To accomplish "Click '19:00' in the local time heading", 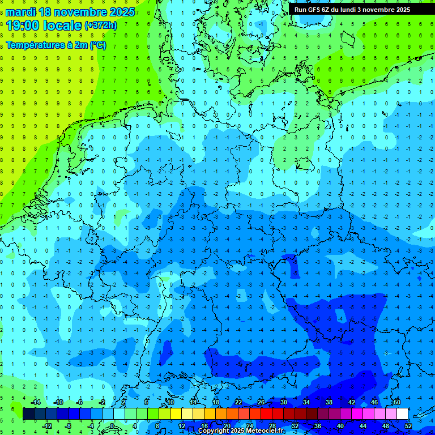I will click(x=23, y=25).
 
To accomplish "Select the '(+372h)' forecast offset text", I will click(x=100, y=25).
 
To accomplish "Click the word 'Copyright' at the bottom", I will click(x=214, y=431).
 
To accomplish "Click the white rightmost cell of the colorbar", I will click(x=402, y=413).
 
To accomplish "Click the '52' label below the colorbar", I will click(x=408, y=425).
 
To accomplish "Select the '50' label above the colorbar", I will click(x=396, y=402).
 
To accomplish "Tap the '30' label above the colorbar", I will click(x=283, y=402).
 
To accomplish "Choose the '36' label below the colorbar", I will click(x=317, y=425).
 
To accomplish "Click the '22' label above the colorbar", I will click(x=238, y=402).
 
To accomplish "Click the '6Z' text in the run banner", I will click(x=330, y=10).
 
